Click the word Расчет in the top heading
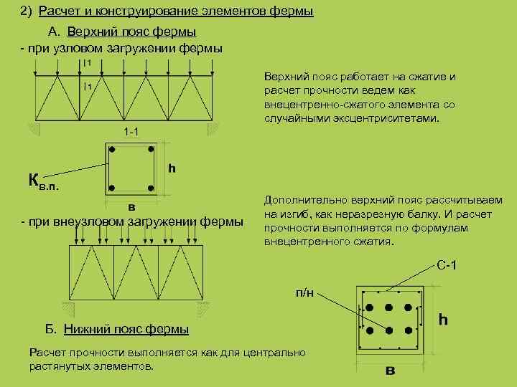pyautogui.click(x=57, y=12)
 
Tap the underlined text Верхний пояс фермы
pyautogui.click(x=131, y=32)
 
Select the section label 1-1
pyautogui.click(x=131, y=132)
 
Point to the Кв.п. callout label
pyautogui.click(x=44, y=181)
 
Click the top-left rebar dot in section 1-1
pyautogui.click(x=112, y=150)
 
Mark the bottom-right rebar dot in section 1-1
pyautogui.click(x=150, y=188)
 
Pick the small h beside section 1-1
pyautogui.click(x=172, y=168)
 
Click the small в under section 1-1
pyautogui.click(x=131, y=207)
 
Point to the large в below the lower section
pyautogui.click(x=390, y=371)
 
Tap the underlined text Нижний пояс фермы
pyautogui.click(x=126, y=330)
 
